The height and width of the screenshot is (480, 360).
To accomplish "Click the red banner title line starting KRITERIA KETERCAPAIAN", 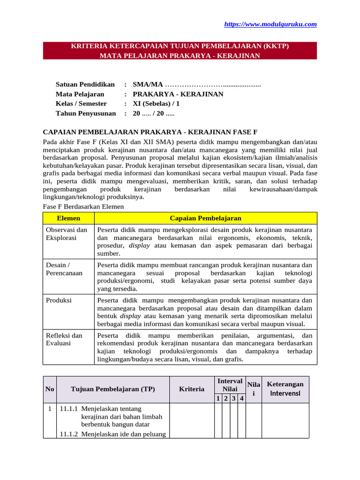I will coord(180,46).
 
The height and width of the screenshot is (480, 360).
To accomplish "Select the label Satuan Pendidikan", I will coord(85,84).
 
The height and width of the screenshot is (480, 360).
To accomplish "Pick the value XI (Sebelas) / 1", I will coord(156,104).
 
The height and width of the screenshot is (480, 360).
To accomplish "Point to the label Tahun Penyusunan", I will coord(85,113).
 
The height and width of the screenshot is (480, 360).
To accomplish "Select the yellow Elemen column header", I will coord(68,218).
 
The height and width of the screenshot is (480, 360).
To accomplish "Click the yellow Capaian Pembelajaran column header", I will coord(205,218).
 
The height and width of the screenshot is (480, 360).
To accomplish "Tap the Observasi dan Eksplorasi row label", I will coord(67,234).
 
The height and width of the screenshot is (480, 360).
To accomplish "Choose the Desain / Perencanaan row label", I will coord(64,269).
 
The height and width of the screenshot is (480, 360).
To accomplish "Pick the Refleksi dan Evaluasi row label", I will coord(64,339).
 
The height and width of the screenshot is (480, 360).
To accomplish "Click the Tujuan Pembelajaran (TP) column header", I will coord(112,389).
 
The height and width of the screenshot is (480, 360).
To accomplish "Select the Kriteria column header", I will coord(192,389).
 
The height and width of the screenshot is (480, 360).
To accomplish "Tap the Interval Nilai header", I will coord(230,385).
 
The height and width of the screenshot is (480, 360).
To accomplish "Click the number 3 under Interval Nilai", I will coord(234,398).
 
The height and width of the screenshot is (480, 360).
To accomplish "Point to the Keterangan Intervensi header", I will coord(285,389).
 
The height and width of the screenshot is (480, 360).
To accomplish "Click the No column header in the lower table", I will coord(50,389).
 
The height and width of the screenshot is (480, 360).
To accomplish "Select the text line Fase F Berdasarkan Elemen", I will coord(83,206).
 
